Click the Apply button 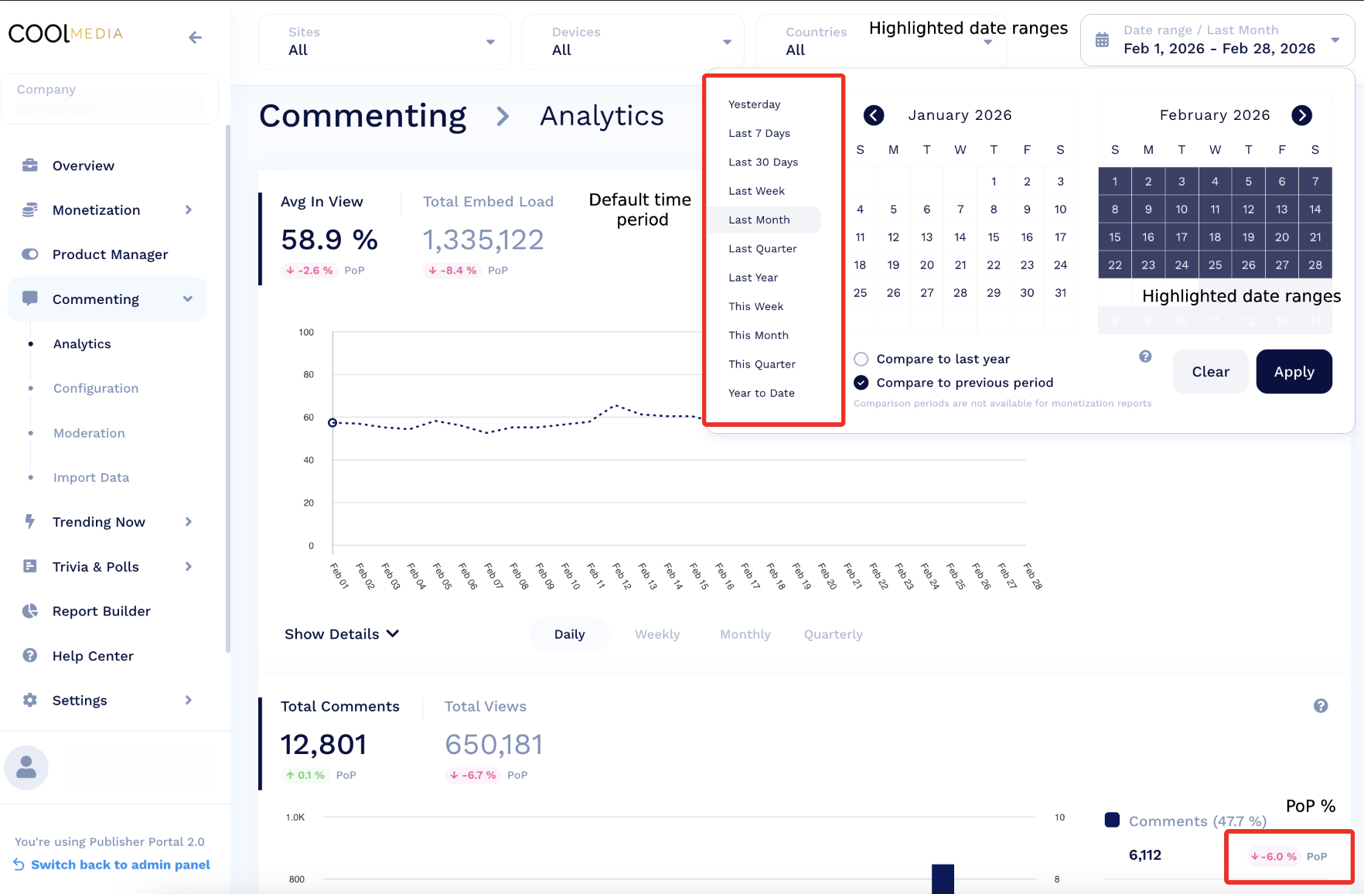(x=1294, y=372)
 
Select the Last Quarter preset (x=762, y=249)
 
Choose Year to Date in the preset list (x=761, y=394)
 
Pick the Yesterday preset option (x=754, y=104)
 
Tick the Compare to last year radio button (x=861, y=359)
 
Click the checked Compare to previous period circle (x=861, y=383)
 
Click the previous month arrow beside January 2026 (x=874, y=115)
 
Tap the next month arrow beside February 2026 (x=1302, y=115)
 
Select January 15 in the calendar (x=994, y=237)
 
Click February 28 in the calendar (x=1315, y=265)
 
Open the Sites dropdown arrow (x=490, y=42)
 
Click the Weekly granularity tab (x=657, y=634)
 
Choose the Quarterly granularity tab (x=833, y=634)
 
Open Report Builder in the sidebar (x=101, y=611)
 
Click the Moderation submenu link (x=89, y=433)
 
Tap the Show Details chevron (x=393, y=633)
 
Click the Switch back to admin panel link (x=120, y=865)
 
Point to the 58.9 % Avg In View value (x=329, y=240)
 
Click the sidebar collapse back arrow (x=195, y=37)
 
